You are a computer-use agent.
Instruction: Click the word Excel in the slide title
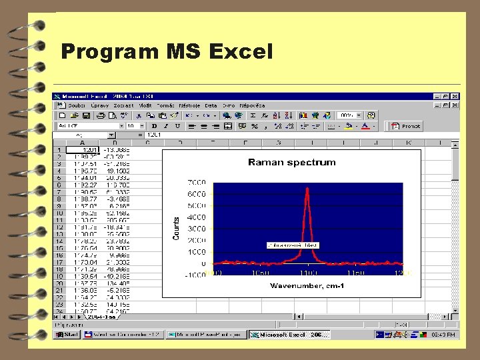241,51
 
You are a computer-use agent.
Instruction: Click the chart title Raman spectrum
291,162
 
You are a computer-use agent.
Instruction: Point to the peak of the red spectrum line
307,189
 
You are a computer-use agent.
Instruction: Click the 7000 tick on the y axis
195,182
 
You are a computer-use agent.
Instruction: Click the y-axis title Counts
177,229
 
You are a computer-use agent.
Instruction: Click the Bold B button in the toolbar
154,125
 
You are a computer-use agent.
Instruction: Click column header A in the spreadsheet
83,142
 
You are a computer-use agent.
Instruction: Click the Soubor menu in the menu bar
77,105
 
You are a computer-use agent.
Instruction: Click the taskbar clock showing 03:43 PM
443,335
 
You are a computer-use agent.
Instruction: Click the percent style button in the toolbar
255,125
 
